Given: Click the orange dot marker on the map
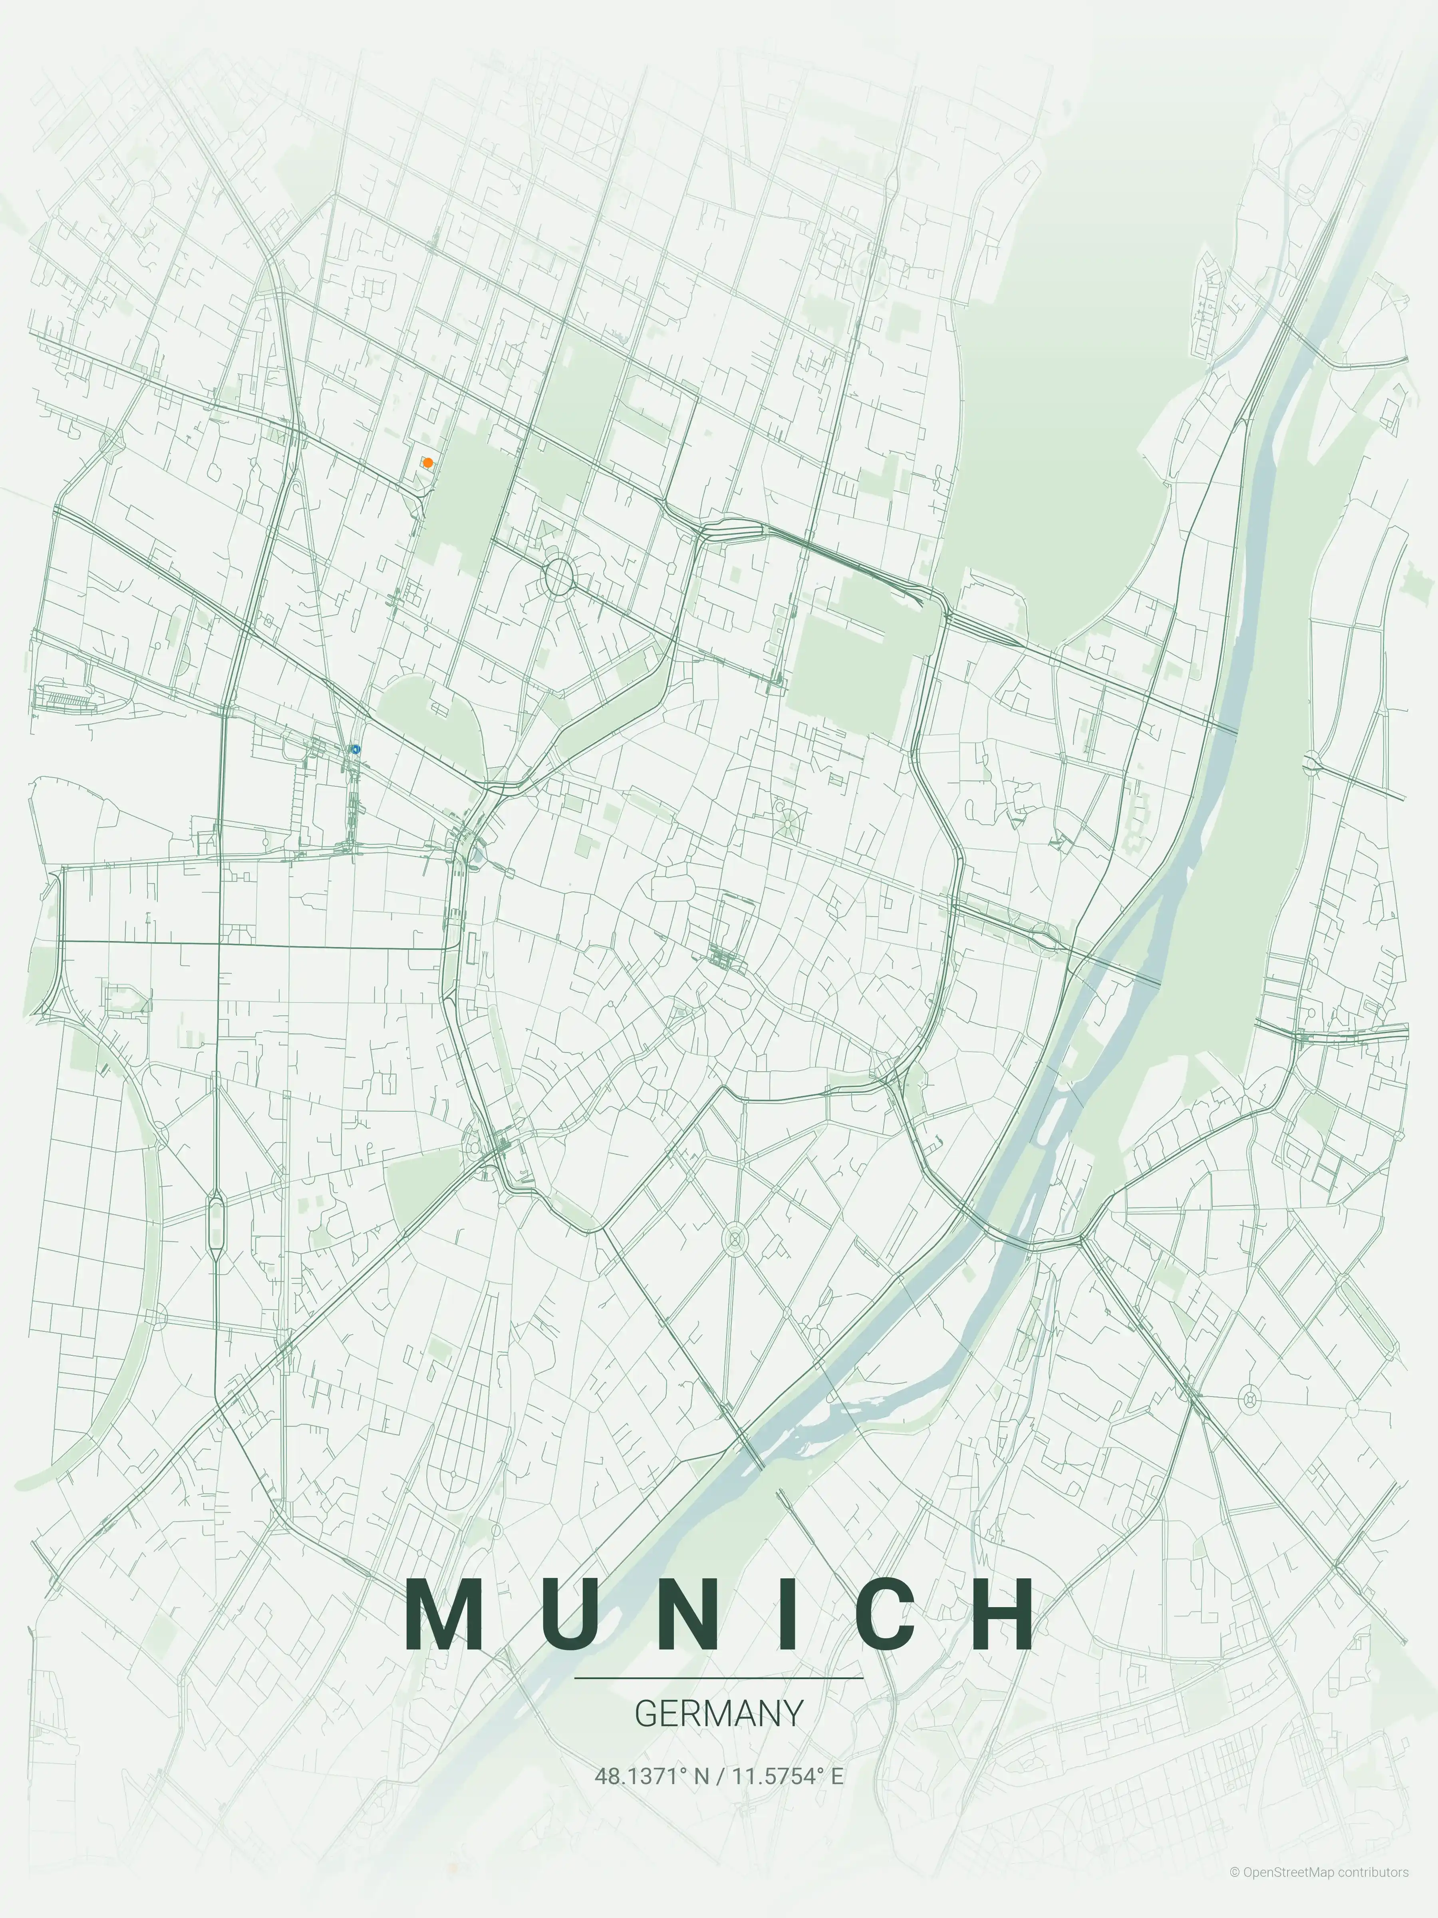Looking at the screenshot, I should pyautogui.click(x=427, y=463).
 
